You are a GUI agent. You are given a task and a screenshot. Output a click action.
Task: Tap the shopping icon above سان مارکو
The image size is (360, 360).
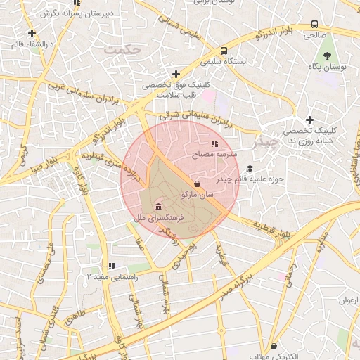[x=197, y=184]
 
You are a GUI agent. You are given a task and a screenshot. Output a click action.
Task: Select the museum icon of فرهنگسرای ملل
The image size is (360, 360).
[x=158, y=207]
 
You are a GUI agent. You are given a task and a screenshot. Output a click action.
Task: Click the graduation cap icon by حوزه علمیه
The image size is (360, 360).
[x=250, y=168]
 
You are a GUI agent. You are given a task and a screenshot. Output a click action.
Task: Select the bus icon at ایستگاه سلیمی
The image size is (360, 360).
[x=223, y=51]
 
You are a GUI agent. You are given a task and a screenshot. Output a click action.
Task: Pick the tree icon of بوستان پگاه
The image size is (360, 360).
[x=328, y=56]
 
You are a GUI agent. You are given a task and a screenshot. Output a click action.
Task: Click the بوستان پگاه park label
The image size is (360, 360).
[x=328, y=67]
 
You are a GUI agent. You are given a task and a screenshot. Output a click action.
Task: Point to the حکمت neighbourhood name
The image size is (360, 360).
[x=119, y=50]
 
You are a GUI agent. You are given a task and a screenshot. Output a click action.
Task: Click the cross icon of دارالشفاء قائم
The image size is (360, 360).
[x=32, y=33]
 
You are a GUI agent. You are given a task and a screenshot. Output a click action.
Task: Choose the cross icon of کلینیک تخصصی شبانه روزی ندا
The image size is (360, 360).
[x=309, y=120]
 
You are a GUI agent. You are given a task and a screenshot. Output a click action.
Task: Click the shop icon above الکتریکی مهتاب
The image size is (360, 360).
[x=274, y=347]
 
